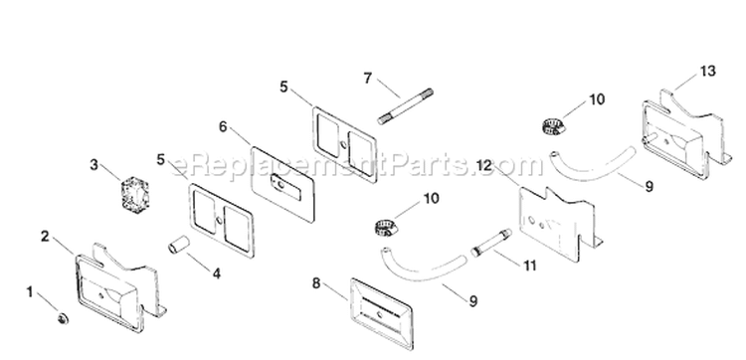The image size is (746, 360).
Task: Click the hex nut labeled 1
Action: [62, 318]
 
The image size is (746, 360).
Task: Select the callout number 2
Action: [45, 236]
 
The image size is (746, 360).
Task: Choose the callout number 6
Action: [223, 127]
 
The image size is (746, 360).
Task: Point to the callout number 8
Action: [316, 283]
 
